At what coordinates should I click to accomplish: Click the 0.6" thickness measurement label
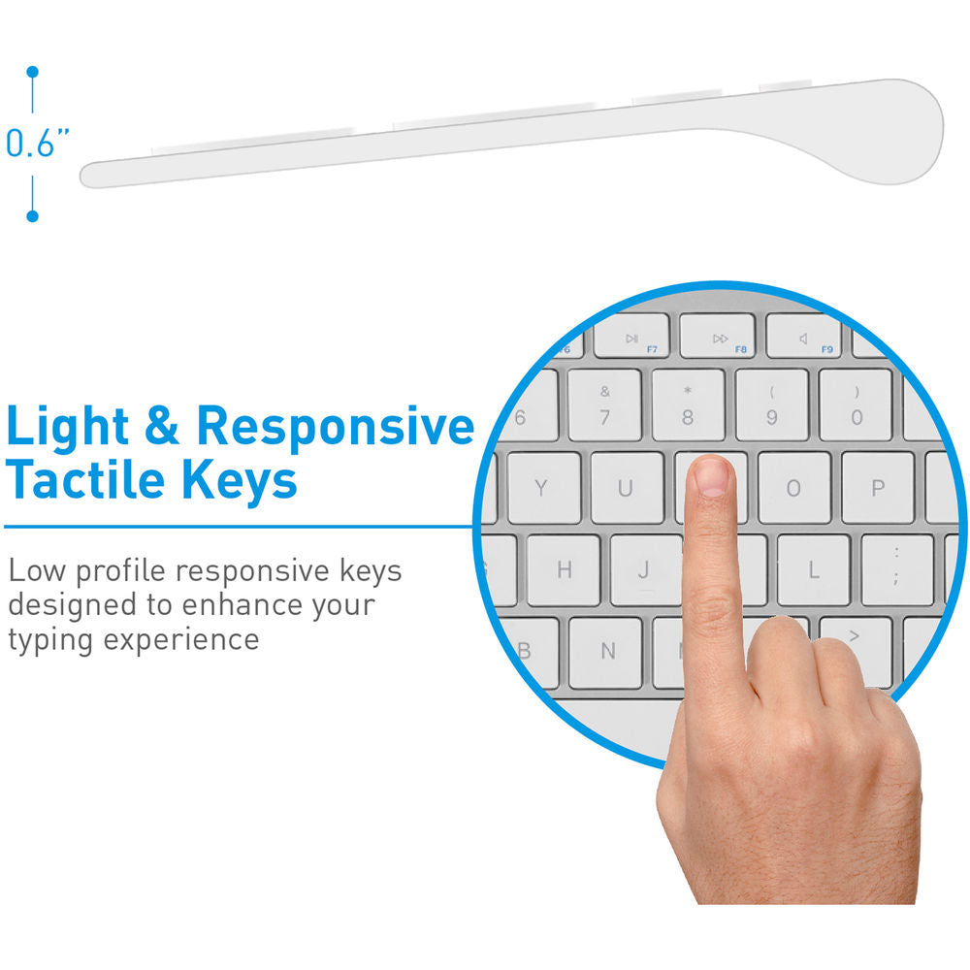click(x=37, y=144)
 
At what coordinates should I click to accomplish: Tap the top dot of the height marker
click(x=33, y=73)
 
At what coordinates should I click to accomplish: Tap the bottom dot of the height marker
click(x=33, y=216)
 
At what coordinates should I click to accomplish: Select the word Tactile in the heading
click(x=85, y=479)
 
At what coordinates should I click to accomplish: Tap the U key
click(x=627, y=488)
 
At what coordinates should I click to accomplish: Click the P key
click(x=878, y=488)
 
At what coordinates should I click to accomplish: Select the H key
click(x=564, y=569)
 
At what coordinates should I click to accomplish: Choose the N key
click(x=605, y=652)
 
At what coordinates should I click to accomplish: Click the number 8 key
click(x=688, y=405)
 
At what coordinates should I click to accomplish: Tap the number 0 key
click(x=856, y=405)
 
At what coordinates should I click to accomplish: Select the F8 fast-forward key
click(x=718, y=336)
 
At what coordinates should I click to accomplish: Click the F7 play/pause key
click(x=631, y=336)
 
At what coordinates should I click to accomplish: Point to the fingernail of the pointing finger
click(x=711, y=477)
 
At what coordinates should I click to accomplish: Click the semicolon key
click(x=897, y=569)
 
